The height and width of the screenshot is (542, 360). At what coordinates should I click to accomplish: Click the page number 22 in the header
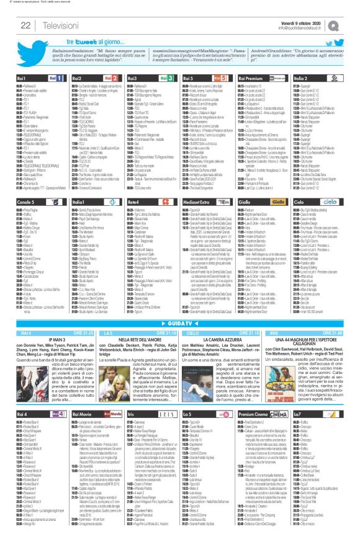tap(25, 24)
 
